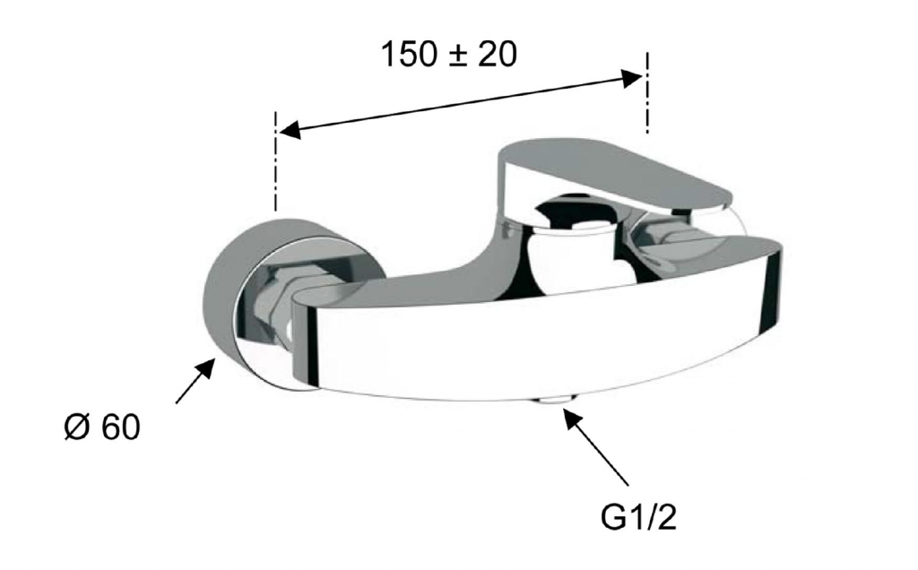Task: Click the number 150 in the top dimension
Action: tap(409, 54)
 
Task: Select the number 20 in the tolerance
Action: tap(497, 54)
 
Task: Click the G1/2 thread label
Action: tap(638, 517)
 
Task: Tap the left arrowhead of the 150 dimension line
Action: tap(290, 129)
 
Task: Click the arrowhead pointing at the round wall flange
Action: tap(205, 368)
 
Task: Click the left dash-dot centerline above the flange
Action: tap(274, 160)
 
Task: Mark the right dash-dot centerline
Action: tap(647, 93)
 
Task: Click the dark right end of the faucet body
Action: tap(772, 288)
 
